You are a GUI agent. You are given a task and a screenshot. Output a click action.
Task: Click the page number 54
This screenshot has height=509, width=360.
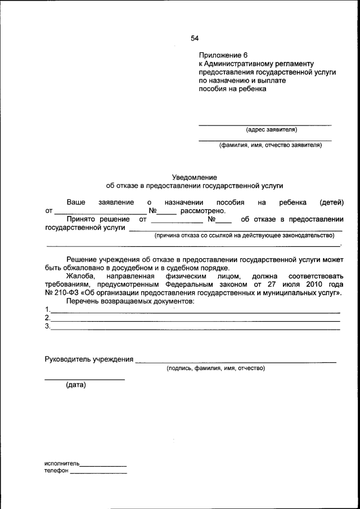[195, 38]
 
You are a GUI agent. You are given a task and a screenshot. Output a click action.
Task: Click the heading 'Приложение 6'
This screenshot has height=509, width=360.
[223, 55]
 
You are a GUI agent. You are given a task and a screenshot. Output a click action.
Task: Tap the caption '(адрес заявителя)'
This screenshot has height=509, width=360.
[271, 130]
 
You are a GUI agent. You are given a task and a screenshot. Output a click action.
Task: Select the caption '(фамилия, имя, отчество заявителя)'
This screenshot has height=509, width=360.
[271, 145]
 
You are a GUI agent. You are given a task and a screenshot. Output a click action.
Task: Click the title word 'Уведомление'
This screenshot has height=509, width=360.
[194, 177]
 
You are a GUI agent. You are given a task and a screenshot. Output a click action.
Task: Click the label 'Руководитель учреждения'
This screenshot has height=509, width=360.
[89, 359]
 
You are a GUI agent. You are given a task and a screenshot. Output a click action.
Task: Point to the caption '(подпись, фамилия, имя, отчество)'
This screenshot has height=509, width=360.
[215, 368]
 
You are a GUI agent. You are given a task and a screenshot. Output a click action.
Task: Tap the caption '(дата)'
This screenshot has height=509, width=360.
[75, 385]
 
